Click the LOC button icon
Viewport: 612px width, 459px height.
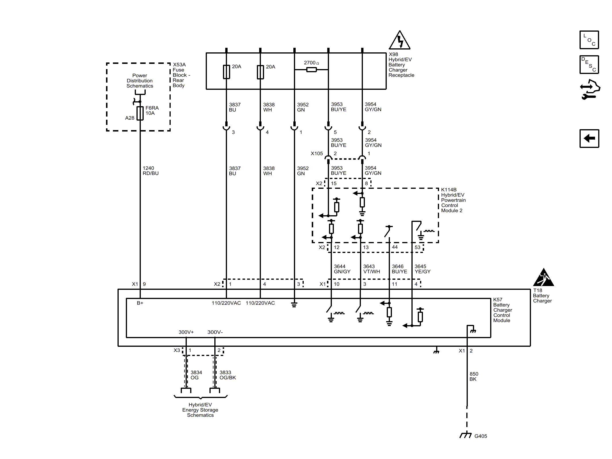click(x=589, y=40)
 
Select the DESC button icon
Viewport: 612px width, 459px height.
click(x=589, y=64)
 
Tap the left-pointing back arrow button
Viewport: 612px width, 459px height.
click(x=589, y=138)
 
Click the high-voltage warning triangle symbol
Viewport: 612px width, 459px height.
click(x=399, y=40)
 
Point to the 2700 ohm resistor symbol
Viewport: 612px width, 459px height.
click(x=311, y=69)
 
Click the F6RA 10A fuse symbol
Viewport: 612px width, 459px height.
click(x=140, y=113)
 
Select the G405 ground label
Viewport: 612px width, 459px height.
click(x=481, y=436)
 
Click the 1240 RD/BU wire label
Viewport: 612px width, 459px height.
click(x=151, y=171)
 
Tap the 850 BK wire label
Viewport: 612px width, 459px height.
click(x=474, y=376)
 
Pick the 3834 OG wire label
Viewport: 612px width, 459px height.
click(x=196, y=375)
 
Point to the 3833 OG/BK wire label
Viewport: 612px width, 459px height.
click(x=228, y=375)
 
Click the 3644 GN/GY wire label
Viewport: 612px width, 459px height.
click(x=342, y=269)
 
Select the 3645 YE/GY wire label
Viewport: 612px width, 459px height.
click(x=422, y=269)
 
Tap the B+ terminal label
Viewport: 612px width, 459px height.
click(x=140, y=303)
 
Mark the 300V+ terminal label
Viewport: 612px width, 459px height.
click(x=186, y=332)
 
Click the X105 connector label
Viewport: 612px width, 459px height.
click(x=317, y=153)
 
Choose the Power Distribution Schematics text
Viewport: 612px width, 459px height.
click(x=140, y=81)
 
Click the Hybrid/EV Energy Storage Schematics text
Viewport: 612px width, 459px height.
click(x=200, y=410)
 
